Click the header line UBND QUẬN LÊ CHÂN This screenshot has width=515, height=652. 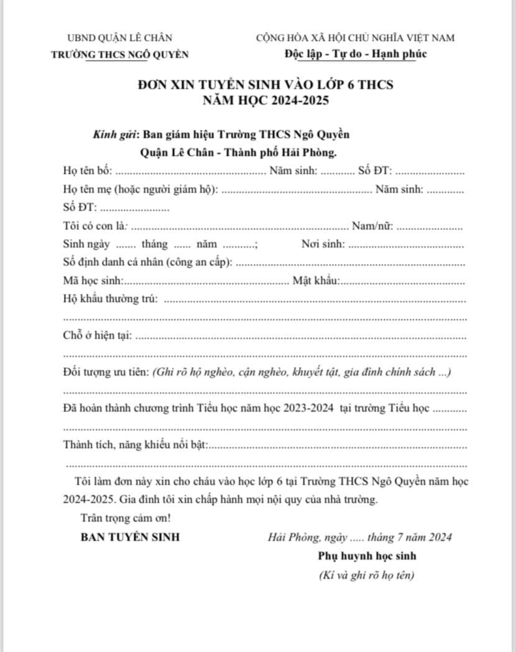[120, 38]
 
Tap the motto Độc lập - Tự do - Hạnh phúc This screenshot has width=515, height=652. [356, 53]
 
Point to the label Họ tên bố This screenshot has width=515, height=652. [87, 171]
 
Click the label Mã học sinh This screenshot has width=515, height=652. [92, 282]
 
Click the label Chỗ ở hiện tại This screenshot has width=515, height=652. [97, 336]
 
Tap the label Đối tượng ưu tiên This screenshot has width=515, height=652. [106, 372]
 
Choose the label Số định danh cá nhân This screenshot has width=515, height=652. [148, 263]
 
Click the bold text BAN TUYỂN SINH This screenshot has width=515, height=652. [131, 538]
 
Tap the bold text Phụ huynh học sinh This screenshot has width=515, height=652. [367, 556]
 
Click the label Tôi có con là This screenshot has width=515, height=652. [94, 227]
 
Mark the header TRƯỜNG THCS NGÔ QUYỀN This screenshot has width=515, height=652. [120, 54]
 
